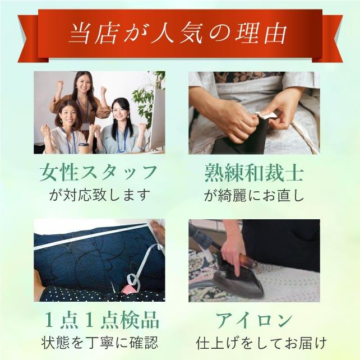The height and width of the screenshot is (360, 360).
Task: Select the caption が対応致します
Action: [99, 196]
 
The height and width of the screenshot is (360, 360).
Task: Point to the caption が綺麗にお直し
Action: [254, 196]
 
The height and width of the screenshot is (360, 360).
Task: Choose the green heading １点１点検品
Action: [99, 321]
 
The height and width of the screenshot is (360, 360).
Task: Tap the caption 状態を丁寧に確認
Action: [99, 341]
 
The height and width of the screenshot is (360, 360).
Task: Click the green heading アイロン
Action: [254, 321]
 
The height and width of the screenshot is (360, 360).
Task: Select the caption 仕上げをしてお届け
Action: [254, 341]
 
